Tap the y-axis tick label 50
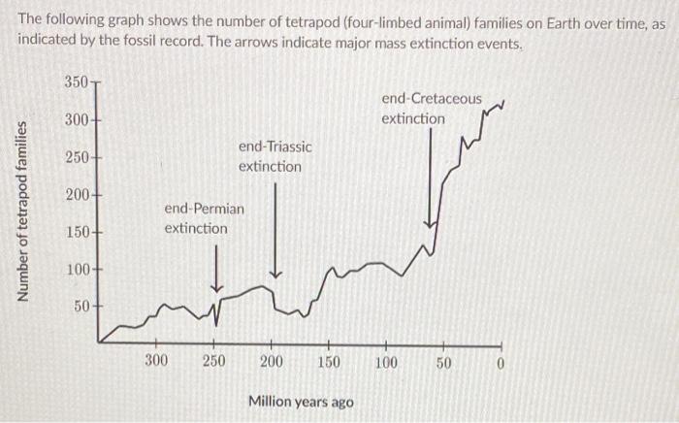click(x=81, y=307)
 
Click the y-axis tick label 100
click(x=77, y=269)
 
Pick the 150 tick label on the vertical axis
click(x=77, y=232)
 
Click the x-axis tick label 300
click(x=155, y=362)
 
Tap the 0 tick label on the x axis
click(x=501, y=362)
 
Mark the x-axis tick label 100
click(x=386, y=362)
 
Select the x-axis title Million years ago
click(x=301, y=401)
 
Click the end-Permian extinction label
click(x=204, y=218)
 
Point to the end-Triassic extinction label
click(x=275, y=156)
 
